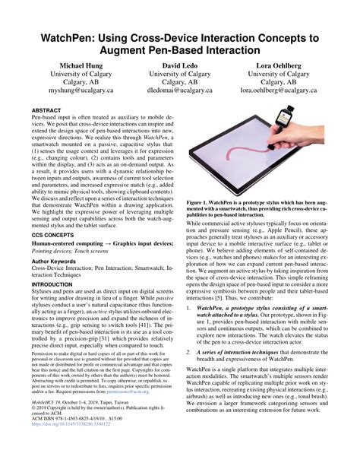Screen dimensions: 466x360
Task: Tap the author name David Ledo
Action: (x=179, y=66)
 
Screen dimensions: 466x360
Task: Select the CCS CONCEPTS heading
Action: (x=55, y=237)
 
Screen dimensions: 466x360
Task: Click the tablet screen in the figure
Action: (x=243, y=156)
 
